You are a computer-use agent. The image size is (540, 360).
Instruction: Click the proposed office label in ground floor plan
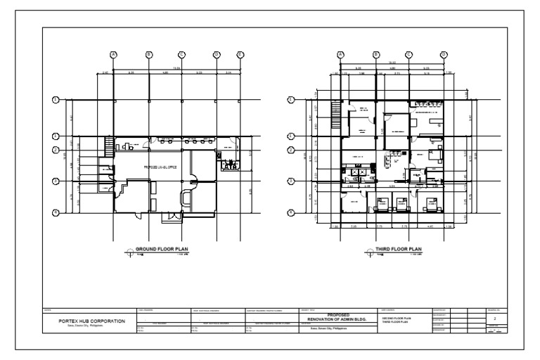point(160,167)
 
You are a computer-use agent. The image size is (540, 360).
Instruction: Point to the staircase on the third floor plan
point(335,111)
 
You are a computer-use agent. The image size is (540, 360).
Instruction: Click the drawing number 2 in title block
point(496,319)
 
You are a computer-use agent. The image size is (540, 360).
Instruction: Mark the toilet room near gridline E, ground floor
point(230,166)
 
